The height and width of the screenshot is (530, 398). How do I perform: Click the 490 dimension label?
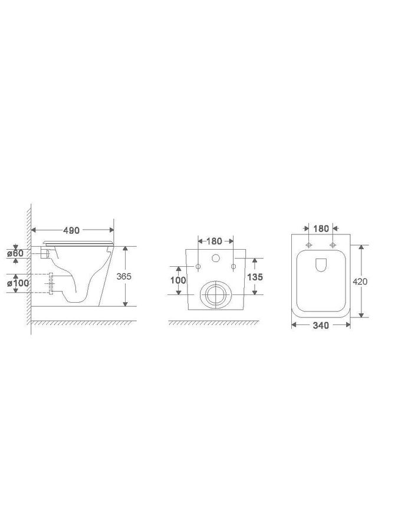pyautogui.click(x=71, y=230)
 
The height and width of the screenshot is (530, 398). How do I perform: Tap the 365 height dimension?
pyautogui.click(x=124, y=276)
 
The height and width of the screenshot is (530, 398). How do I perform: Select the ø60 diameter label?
pyautogui.click(x=15, y=253)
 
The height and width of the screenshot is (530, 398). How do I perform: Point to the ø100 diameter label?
pyautogui.click(x=18, y=283)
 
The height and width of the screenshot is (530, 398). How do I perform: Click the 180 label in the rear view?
pyautogui.click(x=214, y=241)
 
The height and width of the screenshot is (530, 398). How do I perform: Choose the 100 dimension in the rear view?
pyautogui.click(x=178, y=280)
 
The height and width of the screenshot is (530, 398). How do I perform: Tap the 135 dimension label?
pyautogui.click(x=255, y=277)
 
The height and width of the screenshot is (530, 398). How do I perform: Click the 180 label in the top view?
pyautogui.click(x=321, y=229)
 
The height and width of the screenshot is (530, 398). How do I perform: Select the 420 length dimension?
pyautogui.click(x=360, y=281)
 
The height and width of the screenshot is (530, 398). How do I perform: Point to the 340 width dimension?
pyautogui.click(x=321, y=325)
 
